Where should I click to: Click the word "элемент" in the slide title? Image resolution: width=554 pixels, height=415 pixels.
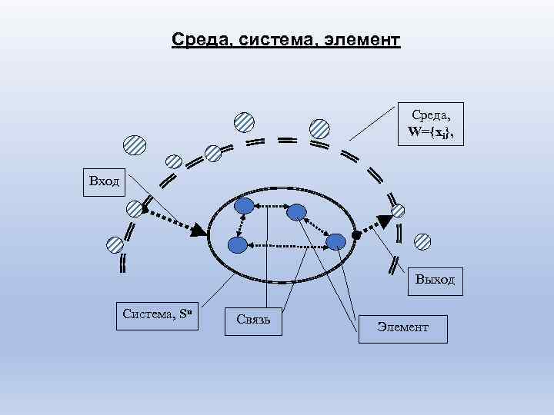click(365, 38)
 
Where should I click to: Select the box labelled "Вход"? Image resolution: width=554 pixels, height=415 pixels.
click(105, 183)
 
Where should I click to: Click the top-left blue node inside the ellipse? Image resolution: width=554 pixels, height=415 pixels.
click(244, 206)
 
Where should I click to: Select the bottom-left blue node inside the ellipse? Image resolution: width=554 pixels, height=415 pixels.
click(238, 245)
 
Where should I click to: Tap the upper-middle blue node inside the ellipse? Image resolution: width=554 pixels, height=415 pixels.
click(297, 211)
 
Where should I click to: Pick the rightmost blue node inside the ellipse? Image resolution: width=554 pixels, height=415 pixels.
click(335, 241)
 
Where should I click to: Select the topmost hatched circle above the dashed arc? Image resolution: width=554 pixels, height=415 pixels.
click(244, 121)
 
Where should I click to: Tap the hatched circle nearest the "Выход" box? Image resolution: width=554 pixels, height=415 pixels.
click(422, 241)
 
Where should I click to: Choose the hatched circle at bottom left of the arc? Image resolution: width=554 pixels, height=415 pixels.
click(115, 244)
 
